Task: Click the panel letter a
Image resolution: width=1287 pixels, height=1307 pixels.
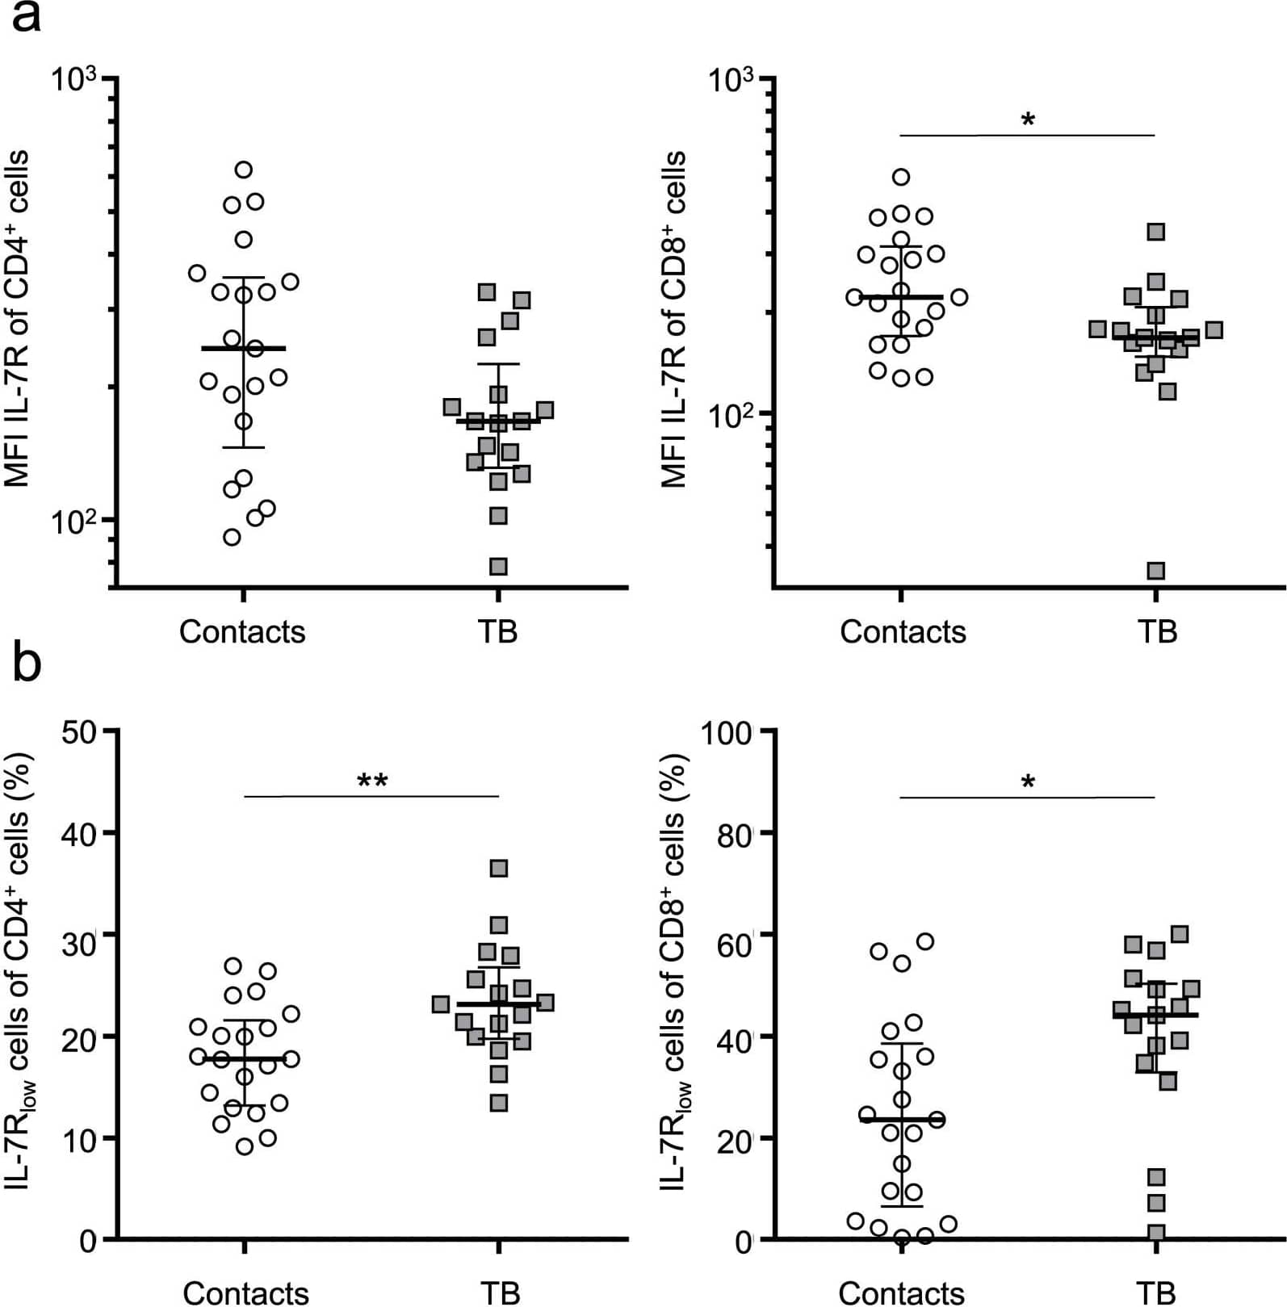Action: coord(26,18)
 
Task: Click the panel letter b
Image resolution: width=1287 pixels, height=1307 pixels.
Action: coord(26,664)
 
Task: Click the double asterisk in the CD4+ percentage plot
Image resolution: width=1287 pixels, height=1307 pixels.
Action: coord(372,781)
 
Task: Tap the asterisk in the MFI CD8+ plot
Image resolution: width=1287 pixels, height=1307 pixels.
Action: coord(1028,121)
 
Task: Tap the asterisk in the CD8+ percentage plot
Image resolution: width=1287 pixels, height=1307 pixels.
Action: coord(1028,781)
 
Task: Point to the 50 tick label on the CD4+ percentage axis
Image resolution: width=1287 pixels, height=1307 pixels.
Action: coord(79,731)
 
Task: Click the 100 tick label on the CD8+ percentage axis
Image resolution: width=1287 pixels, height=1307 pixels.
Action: coord(727,733)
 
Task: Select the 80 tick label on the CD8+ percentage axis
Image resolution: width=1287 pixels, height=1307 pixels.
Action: coord(735,834)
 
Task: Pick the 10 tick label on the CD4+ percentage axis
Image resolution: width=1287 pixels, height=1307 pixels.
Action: coord(79,1139)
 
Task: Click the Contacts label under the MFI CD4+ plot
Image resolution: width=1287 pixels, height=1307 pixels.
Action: coord(242,632)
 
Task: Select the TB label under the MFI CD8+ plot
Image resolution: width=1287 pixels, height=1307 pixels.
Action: coord(1157,632)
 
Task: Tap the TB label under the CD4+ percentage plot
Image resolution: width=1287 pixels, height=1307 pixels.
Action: coord(500,1292)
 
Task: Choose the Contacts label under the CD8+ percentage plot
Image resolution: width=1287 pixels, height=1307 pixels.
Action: coord(901,1292)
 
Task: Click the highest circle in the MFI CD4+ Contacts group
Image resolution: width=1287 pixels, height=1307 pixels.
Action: coord(244,170)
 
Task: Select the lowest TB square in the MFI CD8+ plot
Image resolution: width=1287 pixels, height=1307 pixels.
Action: coord(1156,572)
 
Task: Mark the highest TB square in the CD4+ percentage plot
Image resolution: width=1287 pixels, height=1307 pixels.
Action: coord(499,869)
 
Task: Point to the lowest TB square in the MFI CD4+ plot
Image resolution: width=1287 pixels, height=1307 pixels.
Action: coord(499,567)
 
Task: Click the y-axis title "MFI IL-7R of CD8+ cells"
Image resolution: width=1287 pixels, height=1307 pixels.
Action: coord(673,319)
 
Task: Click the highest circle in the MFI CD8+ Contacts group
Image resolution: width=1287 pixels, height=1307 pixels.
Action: coord(902,177)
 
